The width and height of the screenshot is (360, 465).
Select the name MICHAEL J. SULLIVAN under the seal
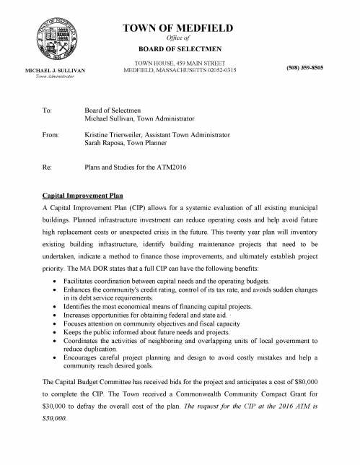56,70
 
